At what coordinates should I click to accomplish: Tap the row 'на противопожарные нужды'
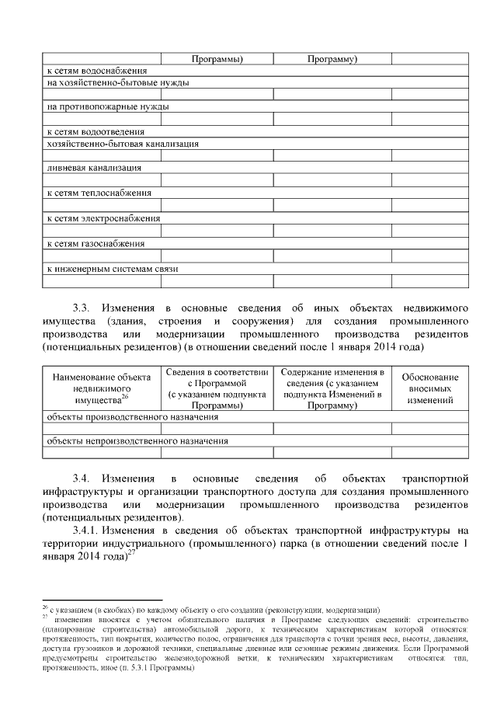click(108, 106)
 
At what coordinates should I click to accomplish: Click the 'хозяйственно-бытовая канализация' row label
click(123, 144)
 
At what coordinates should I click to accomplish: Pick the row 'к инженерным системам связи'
click(113, 268)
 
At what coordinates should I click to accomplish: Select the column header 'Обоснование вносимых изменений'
click(429, 388)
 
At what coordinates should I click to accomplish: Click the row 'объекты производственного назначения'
click(132, 416)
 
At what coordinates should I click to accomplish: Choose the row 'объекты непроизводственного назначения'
click(137, 441)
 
